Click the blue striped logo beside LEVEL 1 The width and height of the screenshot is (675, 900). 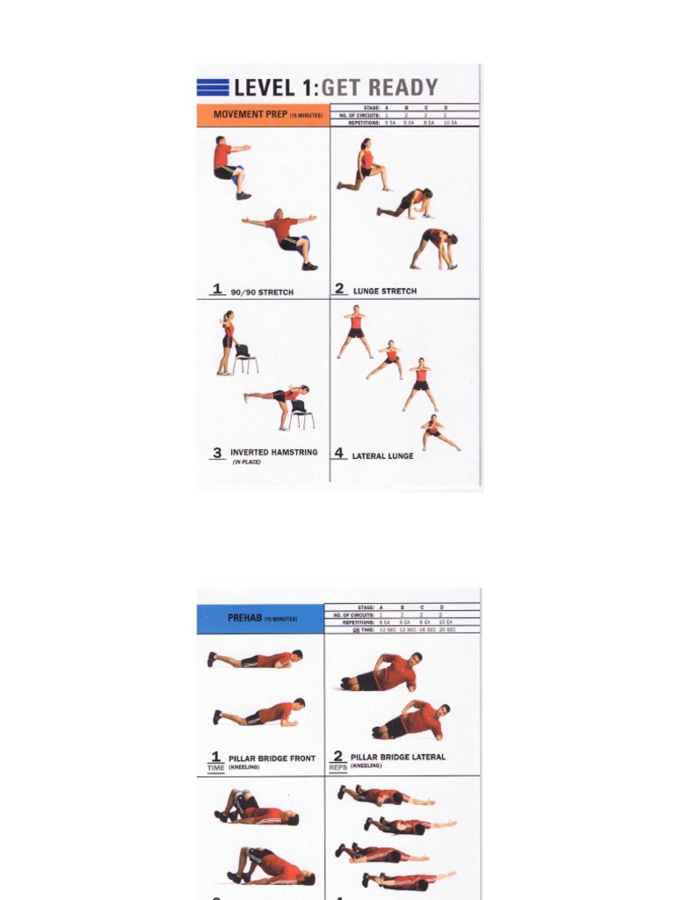pos(213,87)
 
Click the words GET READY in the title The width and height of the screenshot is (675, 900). pos(380,87)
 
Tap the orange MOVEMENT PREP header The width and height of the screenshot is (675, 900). pos(263,114)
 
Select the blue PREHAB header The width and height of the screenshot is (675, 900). pos(261,618)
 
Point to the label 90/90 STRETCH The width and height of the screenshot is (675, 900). pos(261,292)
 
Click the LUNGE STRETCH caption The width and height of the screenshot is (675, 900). pos(385,291)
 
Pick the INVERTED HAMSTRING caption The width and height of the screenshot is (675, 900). pos(273,453)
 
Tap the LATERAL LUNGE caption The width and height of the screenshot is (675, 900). pos(382,456)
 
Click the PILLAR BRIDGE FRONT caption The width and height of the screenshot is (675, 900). pos(272,758)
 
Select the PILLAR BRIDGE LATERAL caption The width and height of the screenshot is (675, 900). pos(397,757)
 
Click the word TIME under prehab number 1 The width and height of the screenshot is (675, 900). pos(215,768)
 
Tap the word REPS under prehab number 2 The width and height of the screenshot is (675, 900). pos(337,767)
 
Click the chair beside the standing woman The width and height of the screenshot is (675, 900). pos(244,358)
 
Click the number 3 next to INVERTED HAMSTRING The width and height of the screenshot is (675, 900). pos(217,454)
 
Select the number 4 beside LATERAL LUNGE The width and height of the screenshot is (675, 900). pos(339,454)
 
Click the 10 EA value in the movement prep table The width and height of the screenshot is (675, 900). pos(450,123)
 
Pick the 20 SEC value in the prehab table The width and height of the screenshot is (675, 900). pos(448,630)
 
